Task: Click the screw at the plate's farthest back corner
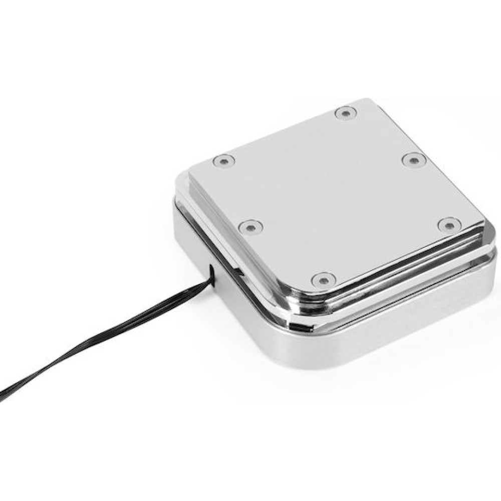pos(344,113)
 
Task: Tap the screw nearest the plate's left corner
pos(223,161)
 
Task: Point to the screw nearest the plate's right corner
pos(448,224)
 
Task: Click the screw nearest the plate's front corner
pos(322,279)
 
